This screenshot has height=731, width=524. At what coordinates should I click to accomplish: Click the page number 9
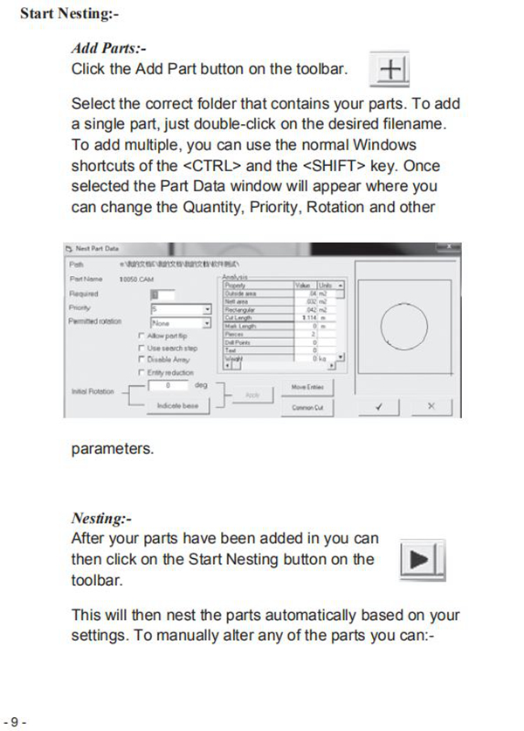[16, 721]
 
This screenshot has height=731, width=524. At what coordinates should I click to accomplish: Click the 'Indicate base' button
[177, 406]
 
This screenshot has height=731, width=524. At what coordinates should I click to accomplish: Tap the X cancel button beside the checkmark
[431, 406]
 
